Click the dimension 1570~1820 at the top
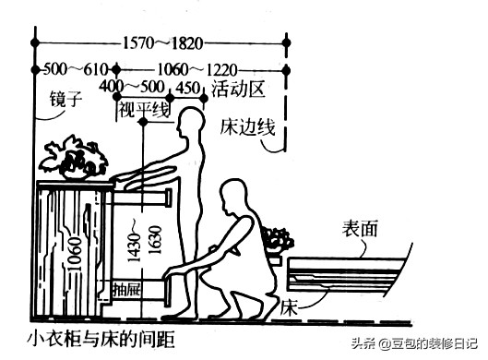pyautogui.click(x=161, y=42)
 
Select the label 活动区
pyautogui.click(x=238, y=90)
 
